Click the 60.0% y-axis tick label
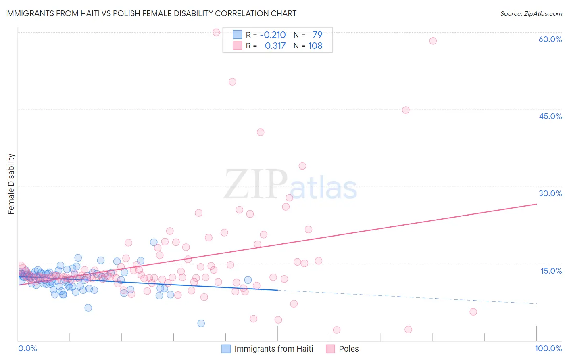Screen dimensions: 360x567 [550, 39]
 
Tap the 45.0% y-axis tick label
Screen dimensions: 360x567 [550, 116]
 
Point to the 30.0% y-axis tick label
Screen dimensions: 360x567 [550, 193]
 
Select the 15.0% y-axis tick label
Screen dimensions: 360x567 [551, 271]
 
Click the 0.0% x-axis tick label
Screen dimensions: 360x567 [27, 348]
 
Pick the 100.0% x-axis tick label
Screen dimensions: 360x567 [548, 348]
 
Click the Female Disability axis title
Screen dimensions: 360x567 [11, 184]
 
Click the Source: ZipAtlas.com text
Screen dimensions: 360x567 [531, 13]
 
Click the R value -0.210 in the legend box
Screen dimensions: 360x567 [273, 35]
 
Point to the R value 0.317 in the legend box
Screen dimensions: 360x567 [275, 46]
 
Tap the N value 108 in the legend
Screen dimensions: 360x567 [315, 46]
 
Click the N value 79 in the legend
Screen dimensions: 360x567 [317, 35]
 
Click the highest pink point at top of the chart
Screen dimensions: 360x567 [216, 32]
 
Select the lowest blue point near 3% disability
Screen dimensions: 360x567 [201, 323]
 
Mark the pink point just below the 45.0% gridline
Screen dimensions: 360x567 [406, 110]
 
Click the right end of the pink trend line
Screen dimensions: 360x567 [536, 204]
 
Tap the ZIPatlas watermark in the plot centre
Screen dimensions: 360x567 [290, 185]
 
